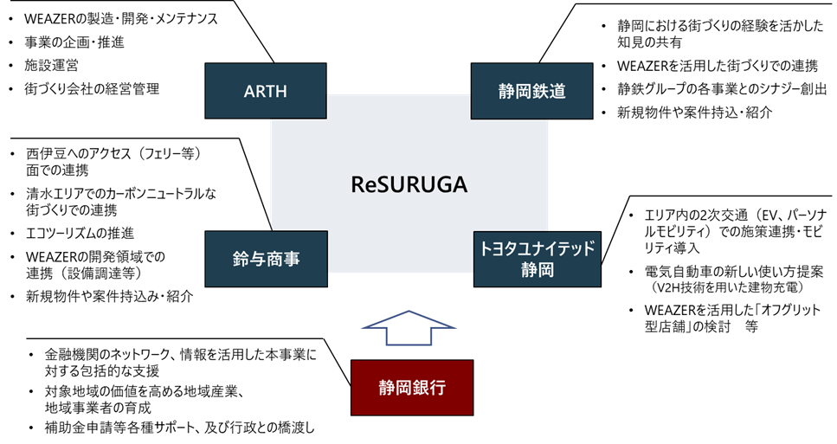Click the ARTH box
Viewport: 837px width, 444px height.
(x=266, y=91)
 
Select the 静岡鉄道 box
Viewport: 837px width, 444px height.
(x=531, y=91)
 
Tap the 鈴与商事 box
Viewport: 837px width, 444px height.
(x=266, y=259)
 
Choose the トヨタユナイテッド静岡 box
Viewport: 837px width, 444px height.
(x=537, y=259)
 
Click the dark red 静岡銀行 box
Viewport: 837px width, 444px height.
(x=412, y=388)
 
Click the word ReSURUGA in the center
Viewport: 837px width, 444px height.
(x=409, y=185)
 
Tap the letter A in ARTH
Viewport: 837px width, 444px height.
(x=249, y=91)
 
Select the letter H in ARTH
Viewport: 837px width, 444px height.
(x=282, y=91)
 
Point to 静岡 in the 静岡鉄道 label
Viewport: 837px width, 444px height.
(x=515, y=91)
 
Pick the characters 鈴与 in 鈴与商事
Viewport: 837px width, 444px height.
(x=249, y=259)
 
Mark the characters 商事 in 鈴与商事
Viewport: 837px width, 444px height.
(x=282, y=259)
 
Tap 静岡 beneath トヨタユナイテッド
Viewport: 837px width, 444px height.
(x=537, y=270)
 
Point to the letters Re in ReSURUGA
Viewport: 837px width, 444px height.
(x=362, y=185)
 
